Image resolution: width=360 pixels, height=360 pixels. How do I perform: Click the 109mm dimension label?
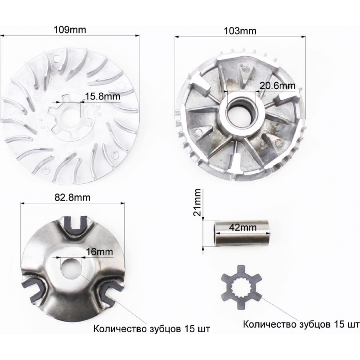coord(70,30)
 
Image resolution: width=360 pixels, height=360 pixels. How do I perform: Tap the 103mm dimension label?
coord(240,31)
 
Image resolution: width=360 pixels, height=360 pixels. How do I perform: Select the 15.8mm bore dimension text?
coord(103,96)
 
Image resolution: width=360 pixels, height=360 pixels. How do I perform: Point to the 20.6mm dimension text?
coord(277,86)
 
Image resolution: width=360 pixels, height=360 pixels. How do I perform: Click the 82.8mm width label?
coord(72,198)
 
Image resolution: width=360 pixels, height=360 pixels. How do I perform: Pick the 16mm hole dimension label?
coord(99,252)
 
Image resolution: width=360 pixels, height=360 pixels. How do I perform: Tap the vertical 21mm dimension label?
coord(197,202)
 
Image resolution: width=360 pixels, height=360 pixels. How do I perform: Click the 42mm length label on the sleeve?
coord(243,227)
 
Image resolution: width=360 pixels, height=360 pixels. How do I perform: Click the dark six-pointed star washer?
coord(241,287)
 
